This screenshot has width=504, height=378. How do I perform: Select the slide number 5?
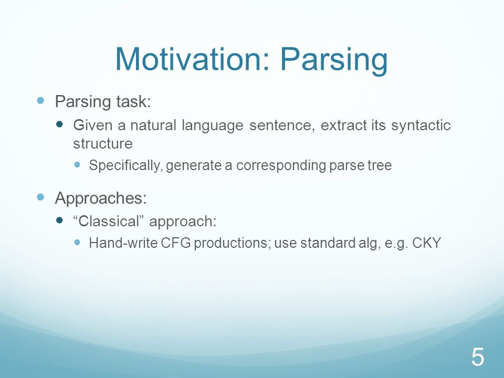(x=478, y=357)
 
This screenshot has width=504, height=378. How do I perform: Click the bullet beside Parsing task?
(x=40, y=101)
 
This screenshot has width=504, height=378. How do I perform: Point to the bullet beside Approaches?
(x=40, y=197)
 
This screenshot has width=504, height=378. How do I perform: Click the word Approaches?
(x=101, y=198)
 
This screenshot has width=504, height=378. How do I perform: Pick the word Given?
(x=92, y=125)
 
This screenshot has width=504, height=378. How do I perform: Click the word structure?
(x=102, y=144)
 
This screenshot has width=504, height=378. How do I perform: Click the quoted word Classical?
(x=108, y=221)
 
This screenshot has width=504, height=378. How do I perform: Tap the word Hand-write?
(x=123, y=243)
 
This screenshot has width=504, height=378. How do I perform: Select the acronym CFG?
(x=175, y=243)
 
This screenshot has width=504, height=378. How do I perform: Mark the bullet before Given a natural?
(x=59, y=124)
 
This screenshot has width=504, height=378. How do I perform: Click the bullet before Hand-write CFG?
(x=77, y=242)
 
